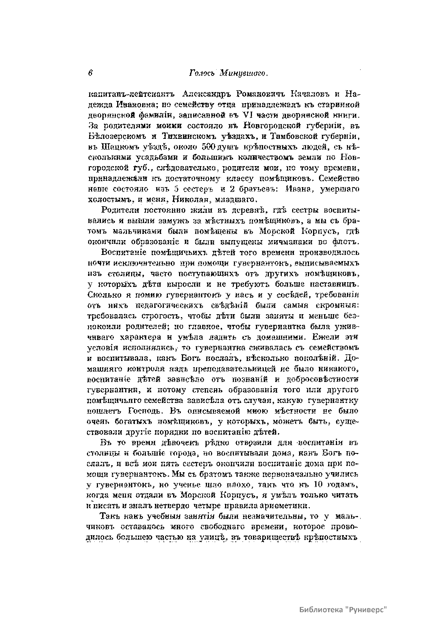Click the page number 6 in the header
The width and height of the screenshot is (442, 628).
pos(90,73)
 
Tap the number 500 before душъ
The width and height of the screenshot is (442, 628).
pos(203,147)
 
